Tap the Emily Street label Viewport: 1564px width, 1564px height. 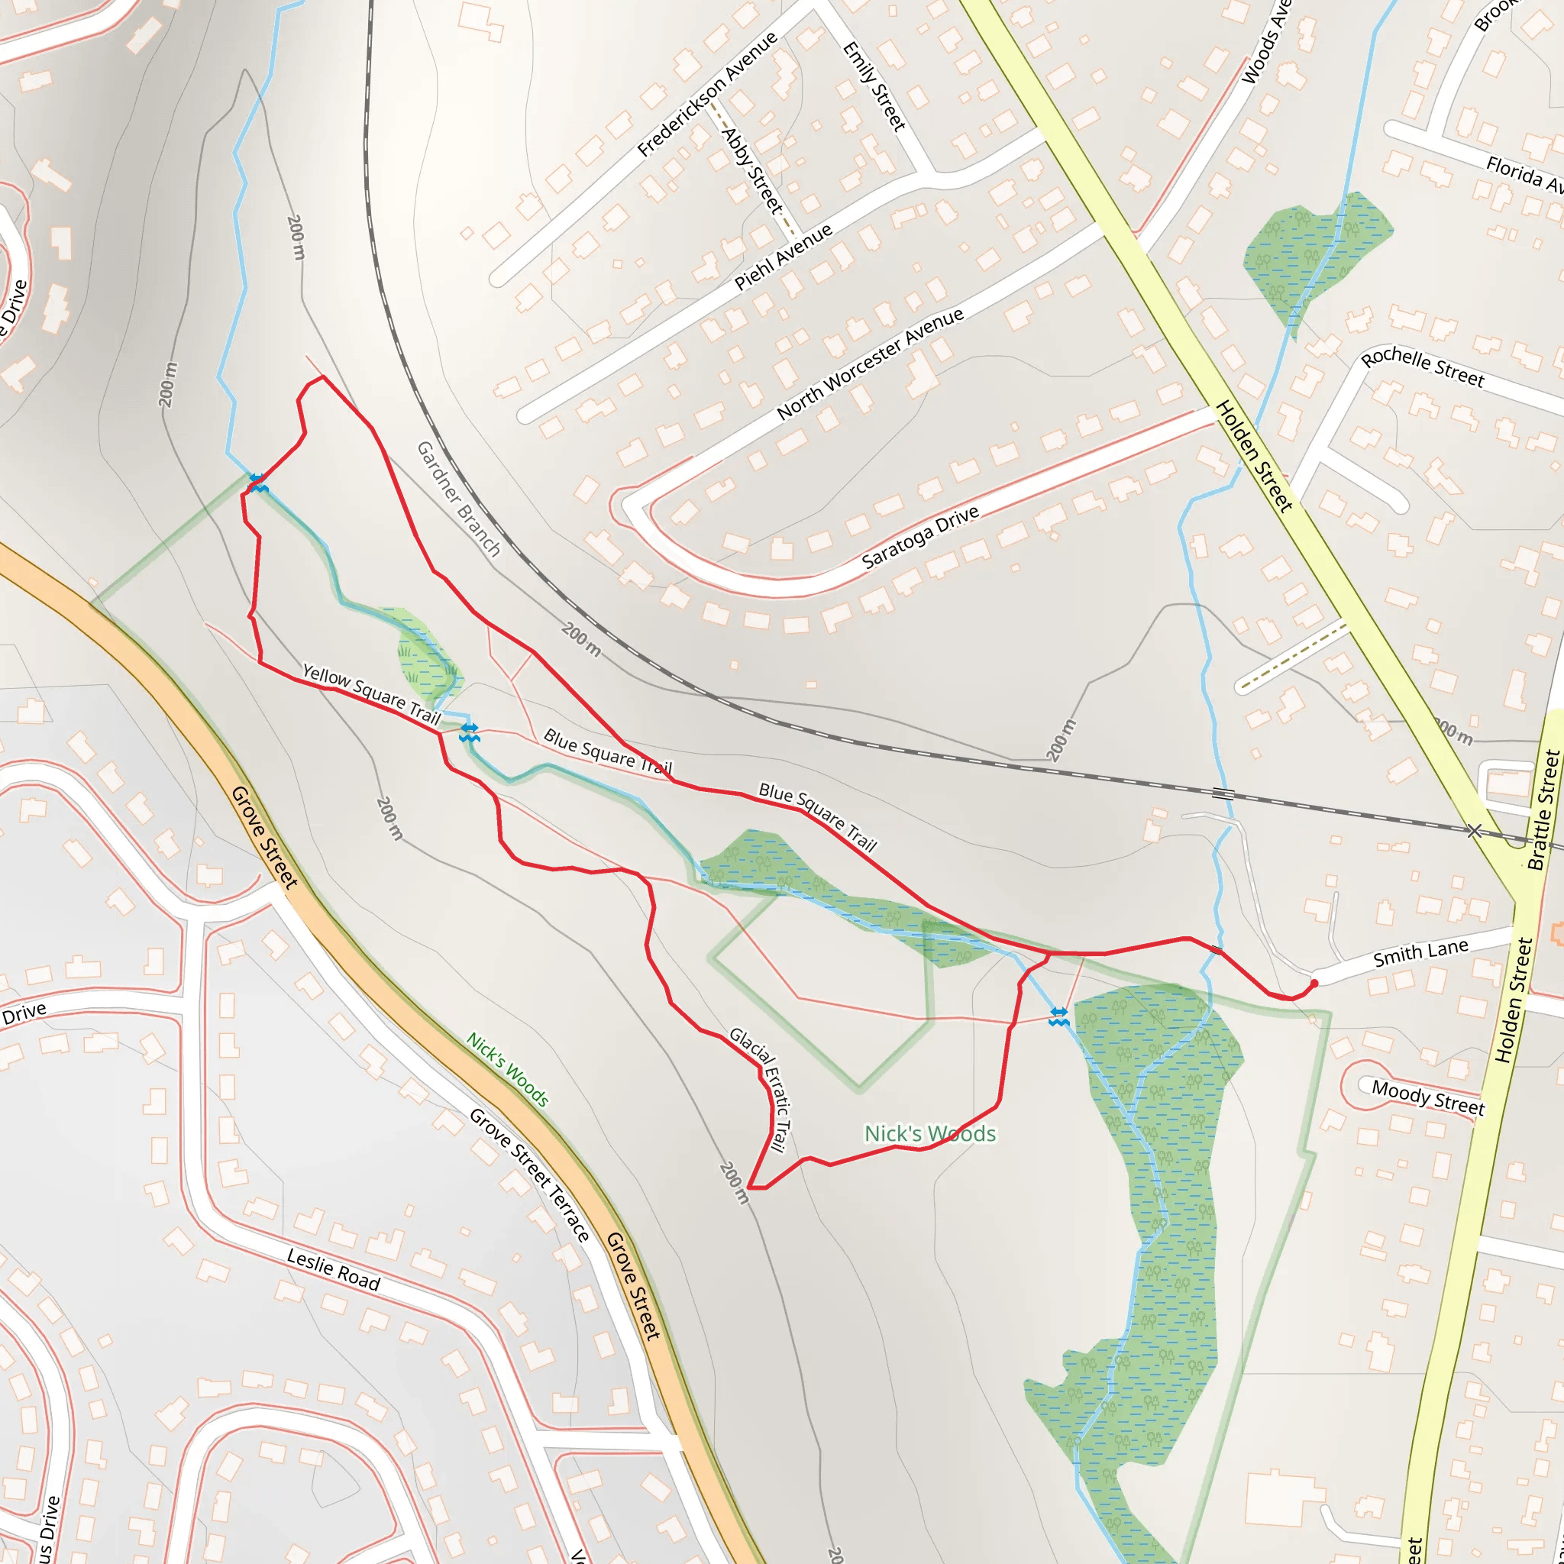click(x=874, y=86)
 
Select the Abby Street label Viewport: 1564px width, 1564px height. click(x=752, y=171)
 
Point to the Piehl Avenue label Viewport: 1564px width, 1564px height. click(x=783, y=257)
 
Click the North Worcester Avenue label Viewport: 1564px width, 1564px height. click(x=871, y=364)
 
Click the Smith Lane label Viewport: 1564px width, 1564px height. click(x=1420, y=954)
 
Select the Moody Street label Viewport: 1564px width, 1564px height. click(x=1428, y=1098)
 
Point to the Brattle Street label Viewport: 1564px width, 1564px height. click(x=1542, y=809)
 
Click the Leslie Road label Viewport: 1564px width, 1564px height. click(x=333, y=1269)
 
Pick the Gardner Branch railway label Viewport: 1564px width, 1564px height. click(x=459, y=498)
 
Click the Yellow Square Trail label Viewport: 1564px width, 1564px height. click(x=370, y=693)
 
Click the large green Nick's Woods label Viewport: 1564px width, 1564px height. click(x=929, y=1133)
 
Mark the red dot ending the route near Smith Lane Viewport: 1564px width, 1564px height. click(x=1314, y=984)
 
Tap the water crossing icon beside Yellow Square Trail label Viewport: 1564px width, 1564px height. click(x=469, y=732)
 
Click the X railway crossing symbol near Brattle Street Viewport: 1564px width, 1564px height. click(x=1473, y=832)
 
